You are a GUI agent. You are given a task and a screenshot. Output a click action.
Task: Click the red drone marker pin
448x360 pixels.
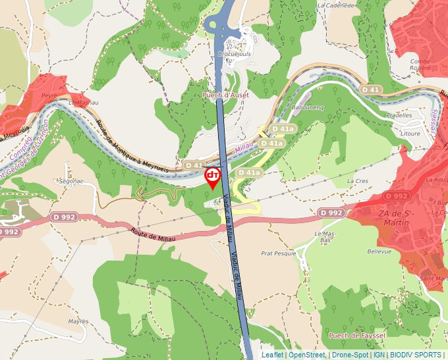tap(213, 177)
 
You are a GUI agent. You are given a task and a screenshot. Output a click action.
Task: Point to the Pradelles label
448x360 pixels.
tap(399, 115)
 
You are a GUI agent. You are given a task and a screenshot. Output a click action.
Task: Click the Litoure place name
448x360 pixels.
tap(410, 133)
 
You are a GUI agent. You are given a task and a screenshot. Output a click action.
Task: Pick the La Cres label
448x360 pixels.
tap(357, 180)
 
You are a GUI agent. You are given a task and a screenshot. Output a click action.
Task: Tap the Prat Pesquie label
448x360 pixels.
tap(278, 253)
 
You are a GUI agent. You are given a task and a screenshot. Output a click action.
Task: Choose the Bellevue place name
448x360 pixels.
tap(379, 251)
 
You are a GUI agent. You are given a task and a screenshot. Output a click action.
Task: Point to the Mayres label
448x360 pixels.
tap(78, 321)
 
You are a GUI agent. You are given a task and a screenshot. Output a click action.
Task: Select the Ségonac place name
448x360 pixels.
tap(71, 180)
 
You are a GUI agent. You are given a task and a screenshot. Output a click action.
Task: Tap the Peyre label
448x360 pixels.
tap(49, 95)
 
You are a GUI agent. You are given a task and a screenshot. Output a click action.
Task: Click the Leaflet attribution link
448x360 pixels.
tap(272, 355)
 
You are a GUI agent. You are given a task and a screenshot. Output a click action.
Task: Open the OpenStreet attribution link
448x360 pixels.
tap(306, 355)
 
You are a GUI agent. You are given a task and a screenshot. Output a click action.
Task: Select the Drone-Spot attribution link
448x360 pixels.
tap(350, 355)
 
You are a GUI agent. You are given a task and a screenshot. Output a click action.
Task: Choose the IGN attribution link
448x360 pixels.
tap(379, 355)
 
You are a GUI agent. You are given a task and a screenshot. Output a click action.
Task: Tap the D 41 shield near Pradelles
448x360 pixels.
tap(370, 89)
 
